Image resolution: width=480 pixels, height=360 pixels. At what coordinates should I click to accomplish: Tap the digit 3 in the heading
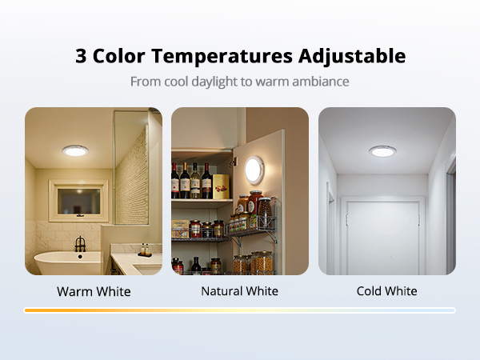point(81,57)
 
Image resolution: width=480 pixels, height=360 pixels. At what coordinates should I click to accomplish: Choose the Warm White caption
point(94,291)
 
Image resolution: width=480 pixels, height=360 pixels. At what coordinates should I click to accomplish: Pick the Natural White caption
point(240,291)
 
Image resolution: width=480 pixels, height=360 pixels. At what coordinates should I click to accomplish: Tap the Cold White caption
point(386,291)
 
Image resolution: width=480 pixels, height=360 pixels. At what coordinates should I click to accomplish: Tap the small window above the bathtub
point(78,200)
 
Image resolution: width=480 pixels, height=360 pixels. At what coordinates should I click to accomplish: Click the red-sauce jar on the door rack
point(255,204)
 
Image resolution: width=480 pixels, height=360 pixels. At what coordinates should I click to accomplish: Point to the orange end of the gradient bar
point(32,310)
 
